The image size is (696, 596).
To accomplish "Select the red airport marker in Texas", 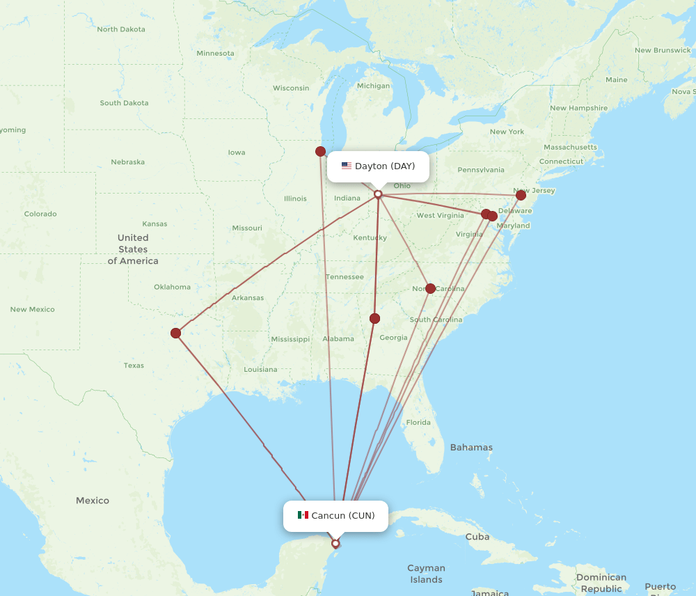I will pyautogui.click(x=176, y=333).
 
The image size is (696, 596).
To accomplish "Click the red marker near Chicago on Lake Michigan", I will pyautogui.click(x=320, y=151).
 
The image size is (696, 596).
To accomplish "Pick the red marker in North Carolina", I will pyautogui.click(x=430, y=288).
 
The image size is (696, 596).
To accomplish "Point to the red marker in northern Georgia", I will pyautogui.click(x=374, y=318).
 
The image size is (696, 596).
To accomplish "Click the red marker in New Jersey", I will pyautogui.click(x=521, y=196).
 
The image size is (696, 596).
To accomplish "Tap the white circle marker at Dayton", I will pyautogui.click(x=378, y=194).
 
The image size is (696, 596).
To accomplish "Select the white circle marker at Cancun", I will pyautogui.click(x=335, y=544).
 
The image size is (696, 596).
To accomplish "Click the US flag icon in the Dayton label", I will pyautogui.click(x=347, y=166).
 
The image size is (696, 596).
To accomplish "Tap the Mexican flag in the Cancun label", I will pyautogui.click(x=303, y=515).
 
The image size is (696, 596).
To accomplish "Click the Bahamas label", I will pyautogui.click(x=471, y=448).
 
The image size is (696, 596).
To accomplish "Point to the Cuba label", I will pyautogui.click(x=477, y=537).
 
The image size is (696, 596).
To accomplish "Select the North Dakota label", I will pyautogui.click(x=121, y=29).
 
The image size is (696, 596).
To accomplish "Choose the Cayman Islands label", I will pyautogui.click(x=426, y=574).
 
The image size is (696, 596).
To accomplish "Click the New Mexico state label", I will pyautogui.click(x=32, y=309).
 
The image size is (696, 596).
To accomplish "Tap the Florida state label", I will pyautogui.click(x=418, y=423).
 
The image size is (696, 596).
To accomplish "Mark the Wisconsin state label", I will pyautogui.click(x=291, y=88).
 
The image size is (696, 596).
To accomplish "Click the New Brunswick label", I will pyautogui.click(x=663, y=50).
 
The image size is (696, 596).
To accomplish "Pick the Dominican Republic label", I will pyautogui.click(x=601, y=583).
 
